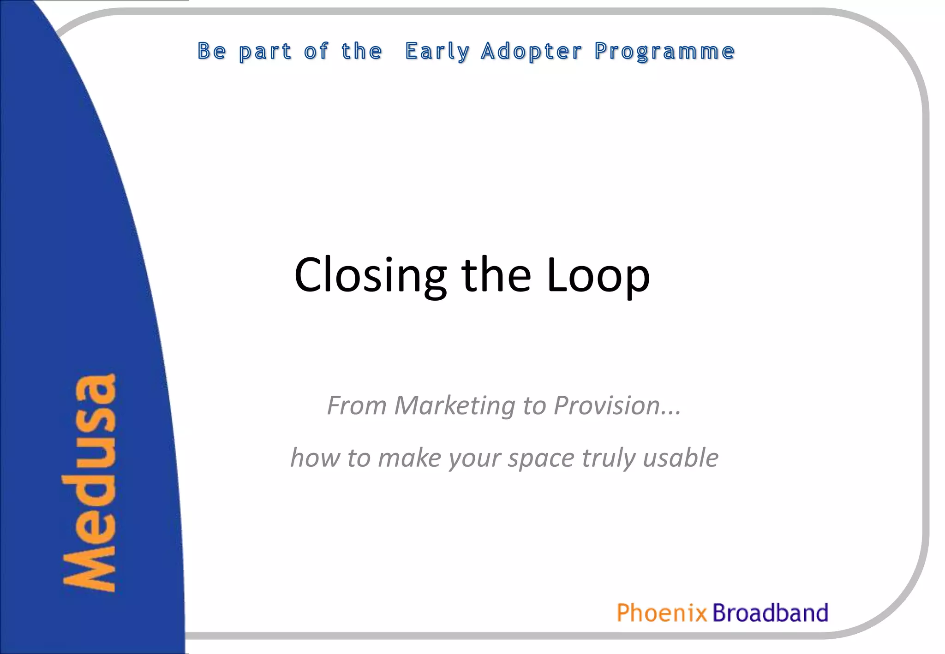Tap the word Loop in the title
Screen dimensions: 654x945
(x=598, y=275)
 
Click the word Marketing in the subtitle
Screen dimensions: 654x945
(x=455, y=406)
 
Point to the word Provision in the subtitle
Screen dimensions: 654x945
(x=607, y=406)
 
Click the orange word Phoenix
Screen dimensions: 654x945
(x=662, y=613)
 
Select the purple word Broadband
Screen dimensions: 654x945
(x=770, y=613)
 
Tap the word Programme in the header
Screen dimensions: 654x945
(x=664, y=51)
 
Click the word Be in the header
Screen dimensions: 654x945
(x=212, y=51)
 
